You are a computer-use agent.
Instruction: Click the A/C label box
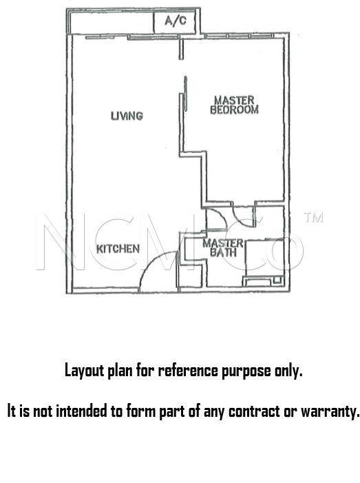174,21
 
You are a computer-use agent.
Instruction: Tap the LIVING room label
127,116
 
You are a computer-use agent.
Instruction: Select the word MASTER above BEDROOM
234,101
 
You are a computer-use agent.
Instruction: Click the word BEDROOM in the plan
235,110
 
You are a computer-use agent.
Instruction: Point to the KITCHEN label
118,249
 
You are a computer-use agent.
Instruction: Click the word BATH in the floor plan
224,253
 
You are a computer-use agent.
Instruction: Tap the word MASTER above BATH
223,243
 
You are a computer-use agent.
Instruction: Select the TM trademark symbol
313,218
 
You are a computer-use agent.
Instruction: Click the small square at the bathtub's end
277,280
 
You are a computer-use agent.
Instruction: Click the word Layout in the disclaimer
84,371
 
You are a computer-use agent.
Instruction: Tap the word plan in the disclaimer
120,371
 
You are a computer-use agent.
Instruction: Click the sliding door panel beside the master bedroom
185,93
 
